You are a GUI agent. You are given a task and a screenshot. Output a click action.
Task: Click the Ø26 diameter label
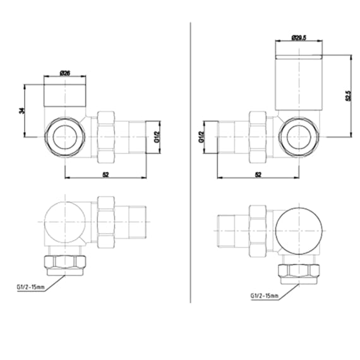(x=65, y=73)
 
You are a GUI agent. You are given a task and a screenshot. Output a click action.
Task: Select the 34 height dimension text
(x=22, y=111)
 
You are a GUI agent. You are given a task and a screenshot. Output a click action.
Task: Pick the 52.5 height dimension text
(x=348, y=95)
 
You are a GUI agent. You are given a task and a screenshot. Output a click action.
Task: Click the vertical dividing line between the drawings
(x=190, y=158)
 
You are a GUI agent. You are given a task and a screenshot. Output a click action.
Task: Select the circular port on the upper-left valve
(x=65, y=135)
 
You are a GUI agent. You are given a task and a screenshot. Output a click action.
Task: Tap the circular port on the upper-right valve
(x=299, y=135)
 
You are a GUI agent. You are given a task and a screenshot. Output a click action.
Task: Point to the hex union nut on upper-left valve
(x=105, y=135)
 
